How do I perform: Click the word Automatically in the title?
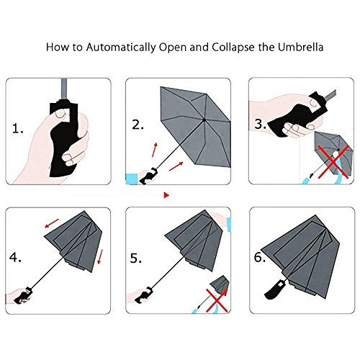pos(121,48)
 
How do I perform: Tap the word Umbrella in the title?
pos(300,47)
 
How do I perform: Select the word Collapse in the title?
pos(233,48)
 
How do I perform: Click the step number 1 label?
pos(18,129)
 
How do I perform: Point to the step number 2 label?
pos(138,125)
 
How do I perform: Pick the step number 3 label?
pos(261,124)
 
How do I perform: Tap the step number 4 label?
pos(15,258)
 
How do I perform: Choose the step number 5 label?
pos(136,258)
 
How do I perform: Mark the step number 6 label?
pos(260,258)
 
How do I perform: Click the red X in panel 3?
pos(333,161)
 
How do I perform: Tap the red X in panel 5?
pos(217,300)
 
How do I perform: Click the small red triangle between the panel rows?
pos(166,195)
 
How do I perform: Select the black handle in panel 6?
pos(275,290)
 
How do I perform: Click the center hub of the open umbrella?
pos(204,120)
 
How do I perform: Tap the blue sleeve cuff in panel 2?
pos(132,179)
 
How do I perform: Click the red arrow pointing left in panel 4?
pos(52,223)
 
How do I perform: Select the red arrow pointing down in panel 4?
pos(100,257)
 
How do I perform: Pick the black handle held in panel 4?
pos(24,296)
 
